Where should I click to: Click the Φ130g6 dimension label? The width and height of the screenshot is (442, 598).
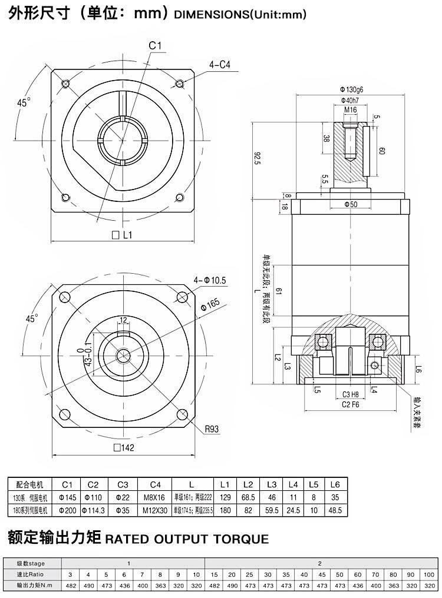(x=351, y=89)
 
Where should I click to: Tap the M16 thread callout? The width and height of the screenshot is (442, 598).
(x=351, y=109)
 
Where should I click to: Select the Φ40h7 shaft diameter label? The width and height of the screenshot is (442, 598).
(x=351, y=99)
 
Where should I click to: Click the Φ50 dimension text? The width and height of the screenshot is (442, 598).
(x=351, y=204)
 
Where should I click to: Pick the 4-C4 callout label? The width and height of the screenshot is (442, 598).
(x=219, y=65)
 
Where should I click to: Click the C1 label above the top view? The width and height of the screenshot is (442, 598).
(x=155, y=45)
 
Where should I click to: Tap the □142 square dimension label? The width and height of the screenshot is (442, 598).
(x=124, y=447)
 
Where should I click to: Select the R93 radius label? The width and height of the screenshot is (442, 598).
(x=212, y=430)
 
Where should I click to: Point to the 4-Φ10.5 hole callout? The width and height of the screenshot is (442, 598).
(x=210, y=280)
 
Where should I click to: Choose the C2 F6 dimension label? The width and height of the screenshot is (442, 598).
(x=351, y=404)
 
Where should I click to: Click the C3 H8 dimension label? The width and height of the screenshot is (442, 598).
(x=351, y=394)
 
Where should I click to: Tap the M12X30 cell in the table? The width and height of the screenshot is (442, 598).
(x=155, y=510)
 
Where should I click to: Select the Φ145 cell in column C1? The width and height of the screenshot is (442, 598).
(x=67, y=498)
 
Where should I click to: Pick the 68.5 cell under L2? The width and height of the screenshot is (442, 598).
(x=248, y=498)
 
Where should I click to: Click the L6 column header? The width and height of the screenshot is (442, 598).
(x=335, y=484)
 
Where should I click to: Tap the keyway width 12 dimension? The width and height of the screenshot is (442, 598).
(x=123, y=320)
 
